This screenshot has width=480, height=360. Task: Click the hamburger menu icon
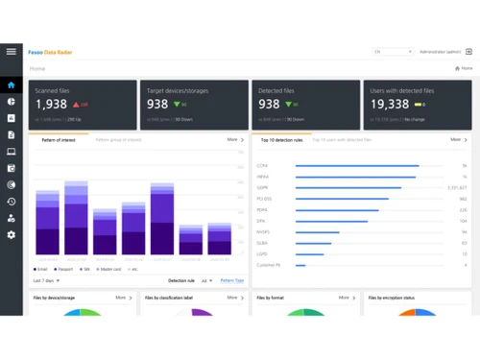tap(12, 51)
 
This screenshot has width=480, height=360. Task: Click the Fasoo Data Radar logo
tap(50, 52)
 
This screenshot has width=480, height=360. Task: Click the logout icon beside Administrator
tap(468, 52)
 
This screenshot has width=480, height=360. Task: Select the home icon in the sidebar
tap(12, 85)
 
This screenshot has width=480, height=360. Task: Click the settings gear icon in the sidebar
tap(12, 234)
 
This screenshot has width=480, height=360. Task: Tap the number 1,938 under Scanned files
tap(52, 105)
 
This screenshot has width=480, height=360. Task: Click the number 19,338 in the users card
tap(389, 105)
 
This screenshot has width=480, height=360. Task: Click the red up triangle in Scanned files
tap(76, 105)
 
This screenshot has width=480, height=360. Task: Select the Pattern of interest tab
tap(60, 140)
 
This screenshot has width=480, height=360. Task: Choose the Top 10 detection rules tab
tap(282, 140)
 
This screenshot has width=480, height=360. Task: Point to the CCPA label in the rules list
tap(262, 166)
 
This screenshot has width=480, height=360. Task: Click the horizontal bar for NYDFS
tap(317, 232)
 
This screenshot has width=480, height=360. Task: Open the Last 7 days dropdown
tap(46, 281)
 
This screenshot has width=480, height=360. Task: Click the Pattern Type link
tap(231, 281)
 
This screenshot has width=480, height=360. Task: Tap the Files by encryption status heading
tap(396, 298)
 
